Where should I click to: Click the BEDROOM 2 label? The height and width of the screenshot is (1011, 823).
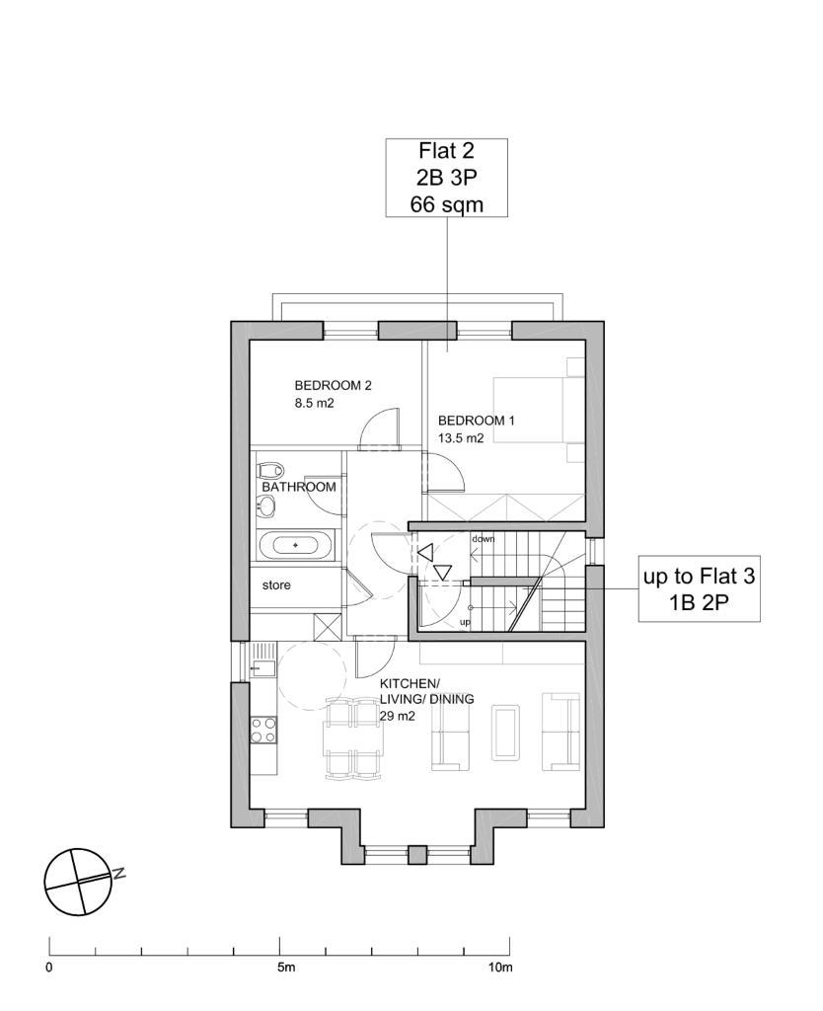[x=333, y=386]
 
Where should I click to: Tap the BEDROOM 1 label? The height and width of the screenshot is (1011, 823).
[x=477, y=421]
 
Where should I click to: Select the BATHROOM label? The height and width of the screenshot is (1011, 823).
[x=299, y=488]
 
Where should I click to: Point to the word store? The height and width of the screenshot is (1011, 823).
[x=276, y=585]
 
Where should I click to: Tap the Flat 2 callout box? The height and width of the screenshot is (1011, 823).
[x=447, y=178]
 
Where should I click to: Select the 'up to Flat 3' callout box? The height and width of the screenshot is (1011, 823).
[x=700, y=588]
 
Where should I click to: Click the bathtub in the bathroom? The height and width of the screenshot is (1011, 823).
[x=296, y=545]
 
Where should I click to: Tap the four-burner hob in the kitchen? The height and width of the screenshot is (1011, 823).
[x=263, y=730]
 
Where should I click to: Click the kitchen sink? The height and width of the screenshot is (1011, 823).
[x=262, y=668]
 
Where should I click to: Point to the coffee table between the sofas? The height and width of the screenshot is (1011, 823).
[x=505, y=732]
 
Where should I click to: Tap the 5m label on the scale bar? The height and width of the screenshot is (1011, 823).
[x=286, y=968]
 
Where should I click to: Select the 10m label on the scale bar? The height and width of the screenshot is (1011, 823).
[x=500, y=968]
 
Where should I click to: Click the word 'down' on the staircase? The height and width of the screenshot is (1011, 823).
[x=484, y=538]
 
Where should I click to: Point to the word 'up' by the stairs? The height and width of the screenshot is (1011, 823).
[x=465, y=622]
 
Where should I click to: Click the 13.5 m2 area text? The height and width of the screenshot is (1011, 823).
[x=461, y=438]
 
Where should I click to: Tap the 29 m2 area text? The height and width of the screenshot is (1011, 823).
[x=397, y=716]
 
